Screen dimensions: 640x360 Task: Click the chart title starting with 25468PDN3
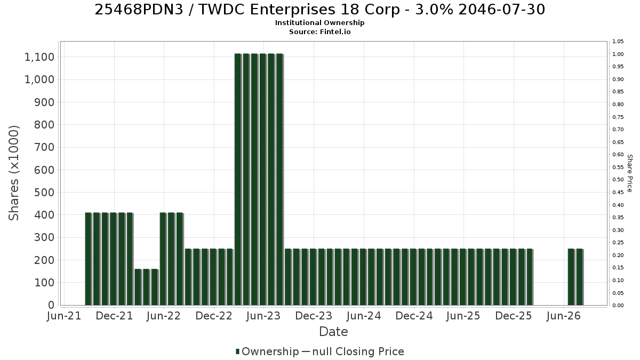pyautogui.click(x=319, y=10)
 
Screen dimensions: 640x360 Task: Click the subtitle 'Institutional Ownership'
pyautogui.click(x=319, y=23)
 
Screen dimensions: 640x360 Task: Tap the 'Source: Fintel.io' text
pyautogui.click(x=319, y=31)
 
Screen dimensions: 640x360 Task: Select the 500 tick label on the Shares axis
pyautogui.click(x=44, y=193)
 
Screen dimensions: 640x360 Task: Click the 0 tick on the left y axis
pyautogui.click(x=51, y=305)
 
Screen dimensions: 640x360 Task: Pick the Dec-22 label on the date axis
pyautogui.click(x=214, y=316)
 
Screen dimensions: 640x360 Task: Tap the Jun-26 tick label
pyautogui.click(x=563, y=316)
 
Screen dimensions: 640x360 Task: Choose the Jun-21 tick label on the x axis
pyautogui.click(x=64, y=316)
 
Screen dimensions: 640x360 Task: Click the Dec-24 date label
pyautogui.click(x=414, y=316)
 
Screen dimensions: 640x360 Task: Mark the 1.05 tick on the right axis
pyautogui.click(x=618, y=42)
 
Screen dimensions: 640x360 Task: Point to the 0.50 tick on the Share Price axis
pyautogui.click(x=618, y=180)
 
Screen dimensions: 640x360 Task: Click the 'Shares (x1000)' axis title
pyautogui.click(x=14, y=173)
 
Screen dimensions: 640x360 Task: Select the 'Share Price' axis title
pyautogui.click(x=630, y=173)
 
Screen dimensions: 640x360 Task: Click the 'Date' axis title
pyautogui.click(x=333, y=332)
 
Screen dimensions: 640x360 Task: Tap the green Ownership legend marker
pyautogui.click(x=237, y=351)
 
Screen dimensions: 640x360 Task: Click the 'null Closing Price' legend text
pyautogui.click(x=358, y=351)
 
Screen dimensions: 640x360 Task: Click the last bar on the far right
pyautogui.click(x=580, y=277)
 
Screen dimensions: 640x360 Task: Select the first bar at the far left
pyautogui.click(x=89, y=259)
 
